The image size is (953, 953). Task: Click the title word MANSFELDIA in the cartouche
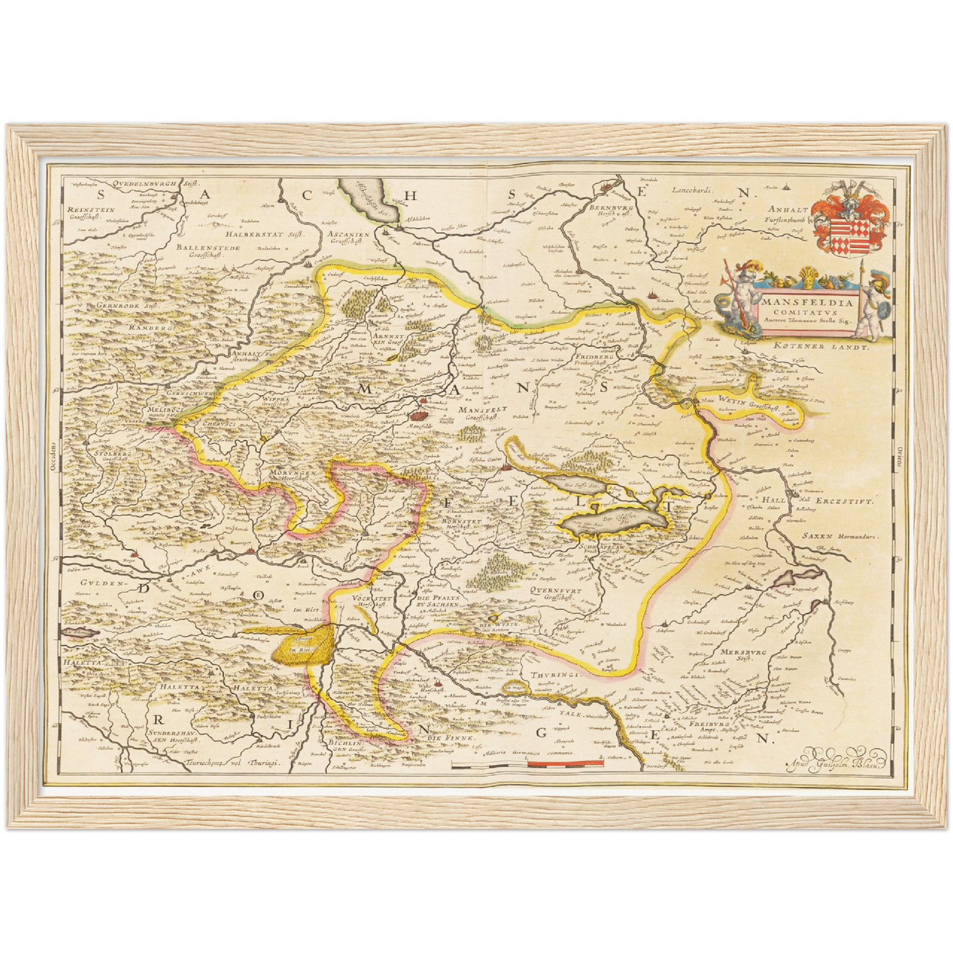click(x=807, y=304)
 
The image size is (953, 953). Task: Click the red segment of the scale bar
click(x=566, y=763)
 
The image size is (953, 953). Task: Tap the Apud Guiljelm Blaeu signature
click(x=835, y=764)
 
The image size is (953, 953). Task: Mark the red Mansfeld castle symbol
click(x=418, y=415)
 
